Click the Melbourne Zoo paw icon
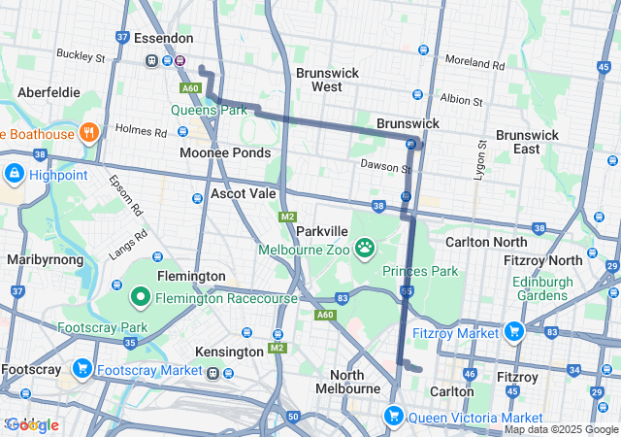pos(365,248)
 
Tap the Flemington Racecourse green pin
pos(141,297)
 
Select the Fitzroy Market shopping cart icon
pos(513,332)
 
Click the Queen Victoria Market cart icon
pos(394,417)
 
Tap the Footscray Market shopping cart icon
pos(82,369)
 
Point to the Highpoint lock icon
pos(14,175)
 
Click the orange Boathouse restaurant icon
pos(88,133)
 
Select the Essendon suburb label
pos(161,40)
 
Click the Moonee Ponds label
pos(225,153)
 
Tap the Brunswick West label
pos(327,80)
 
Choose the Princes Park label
pos(419,271)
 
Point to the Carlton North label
pos(485,241)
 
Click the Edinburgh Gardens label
pos(554,288)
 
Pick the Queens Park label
pos(210,110)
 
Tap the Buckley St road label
pos(81,56)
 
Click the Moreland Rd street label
pos(475,65)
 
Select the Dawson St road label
pos(386,167)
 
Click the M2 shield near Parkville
pos(287,217)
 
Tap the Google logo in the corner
pos(32,424)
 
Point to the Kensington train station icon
pos(228,373)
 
